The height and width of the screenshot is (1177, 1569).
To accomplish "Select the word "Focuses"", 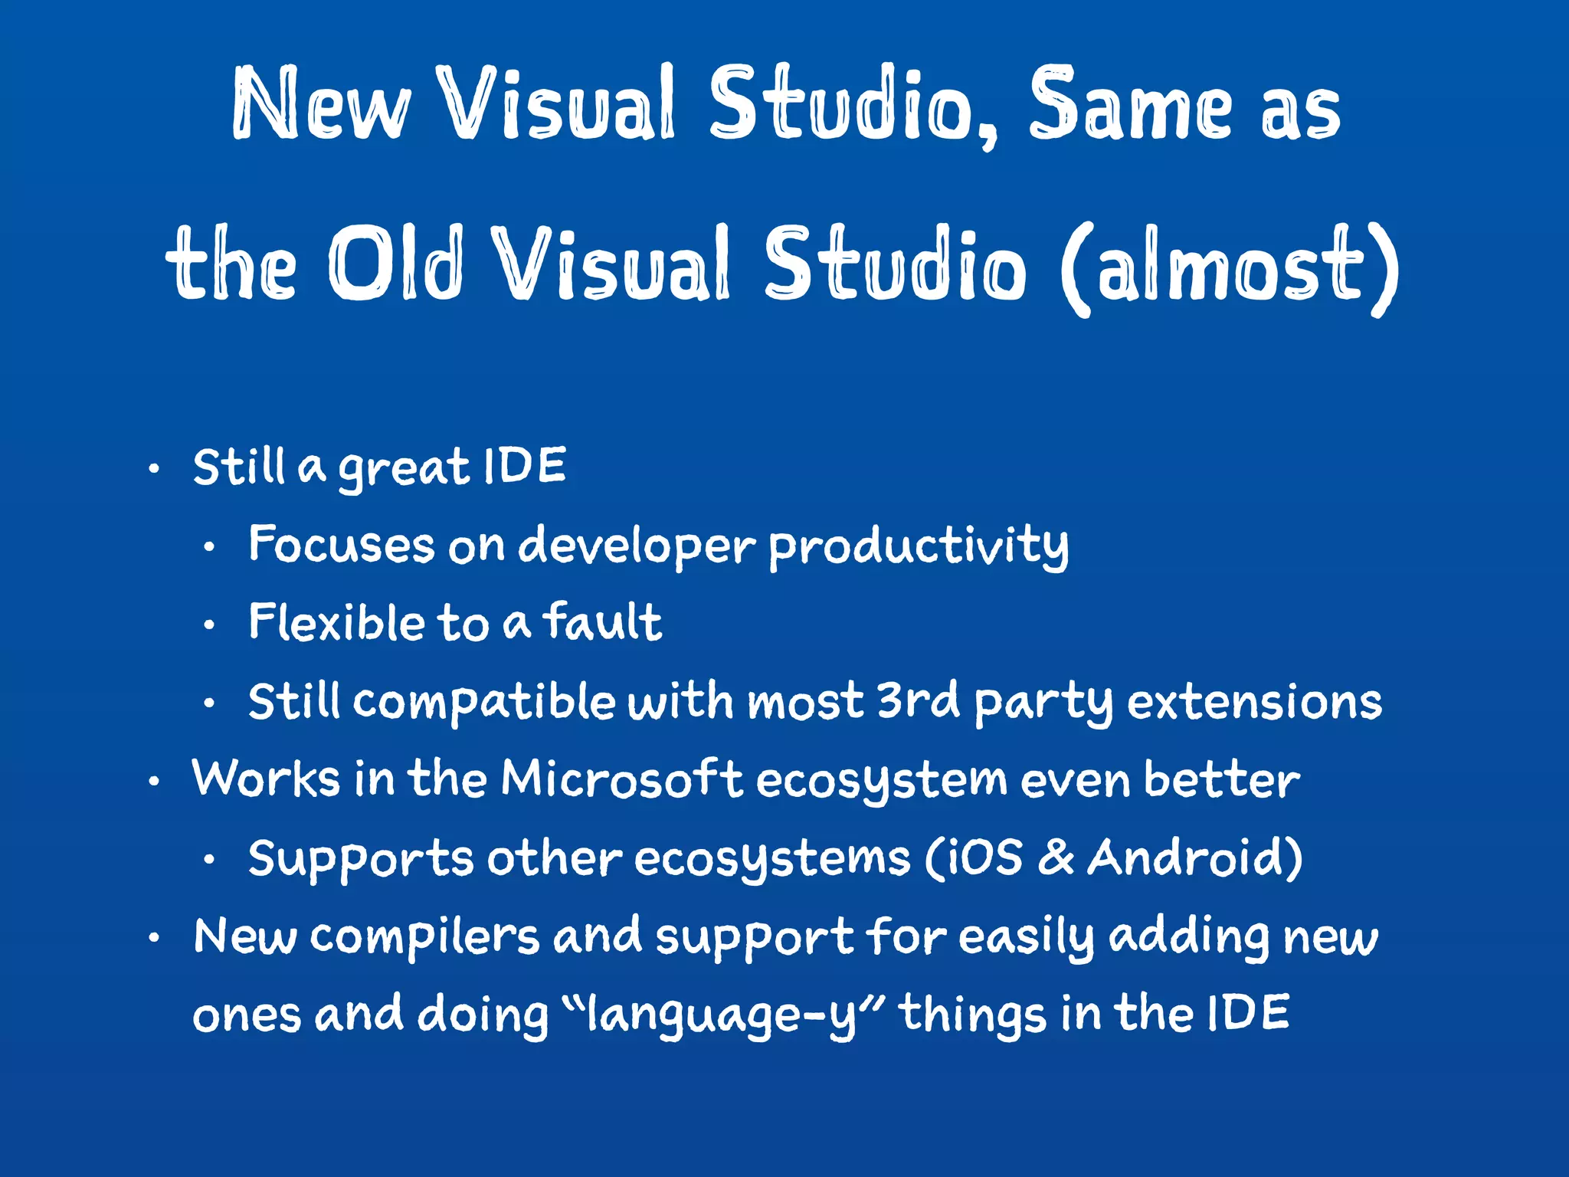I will pyautogui.click(x=342, y=545).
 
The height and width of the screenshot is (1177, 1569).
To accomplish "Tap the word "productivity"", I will pyautogui.click(x=918, y=546).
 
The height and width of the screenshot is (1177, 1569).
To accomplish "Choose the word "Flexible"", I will pyautogui.click(x=336, y=622).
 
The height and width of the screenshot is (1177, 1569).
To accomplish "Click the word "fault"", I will pyautogui.click(x=602, y=622).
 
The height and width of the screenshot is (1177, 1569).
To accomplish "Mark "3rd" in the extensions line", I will pyautogui.click(x=917, y=700).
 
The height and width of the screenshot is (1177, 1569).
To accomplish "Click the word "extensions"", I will pyautogui.click(x=1254, y=702).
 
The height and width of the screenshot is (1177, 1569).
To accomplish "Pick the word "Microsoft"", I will pyautogui.click(x=621, y=779).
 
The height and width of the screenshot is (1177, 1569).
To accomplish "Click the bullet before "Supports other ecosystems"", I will pyautogui.click(x=209, y=861).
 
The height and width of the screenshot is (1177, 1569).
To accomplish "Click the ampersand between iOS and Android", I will pyautogui.click(x=1056, y=857).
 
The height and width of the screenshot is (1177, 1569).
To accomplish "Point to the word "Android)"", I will pyautogui.click(x=1195, y=857).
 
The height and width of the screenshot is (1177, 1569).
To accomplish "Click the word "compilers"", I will pyautogui.click(x=424, y=936).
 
